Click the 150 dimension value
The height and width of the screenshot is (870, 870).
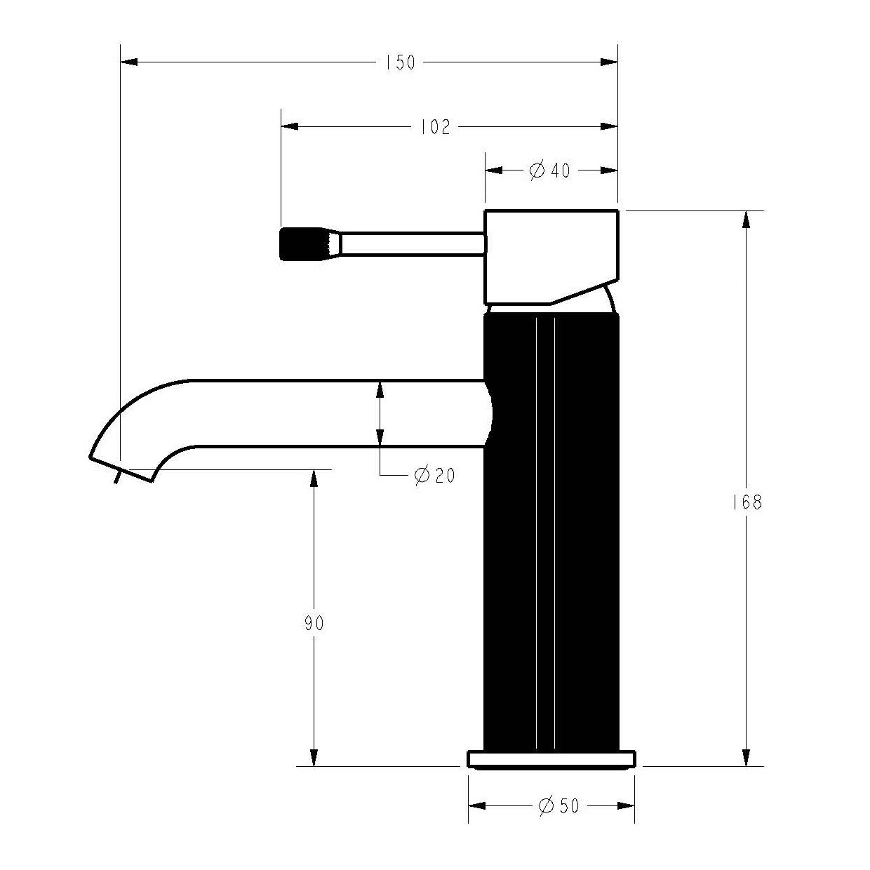(400, 62)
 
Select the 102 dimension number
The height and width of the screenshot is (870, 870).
(436, 127)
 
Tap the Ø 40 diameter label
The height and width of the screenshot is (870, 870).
(549, 170)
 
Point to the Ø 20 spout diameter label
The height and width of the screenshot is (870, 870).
(434, 475)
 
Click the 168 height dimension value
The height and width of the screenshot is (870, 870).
(747, 502)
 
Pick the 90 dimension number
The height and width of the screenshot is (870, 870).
(314, 623)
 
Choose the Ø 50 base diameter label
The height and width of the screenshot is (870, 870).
(558, 806)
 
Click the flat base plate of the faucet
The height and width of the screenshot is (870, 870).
(551, 759)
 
